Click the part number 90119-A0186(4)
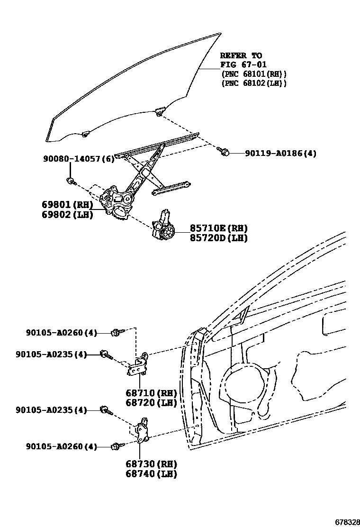coord(280,153)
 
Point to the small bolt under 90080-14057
coord(71,181)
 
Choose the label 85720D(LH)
coord(219,238)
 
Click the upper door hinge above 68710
coord(139,364)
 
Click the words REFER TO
coord(241,55)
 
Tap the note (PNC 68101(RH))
coord(254,74)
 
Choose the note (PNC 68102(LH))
coord(254,83)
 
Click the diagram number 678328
coord(347,522)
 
